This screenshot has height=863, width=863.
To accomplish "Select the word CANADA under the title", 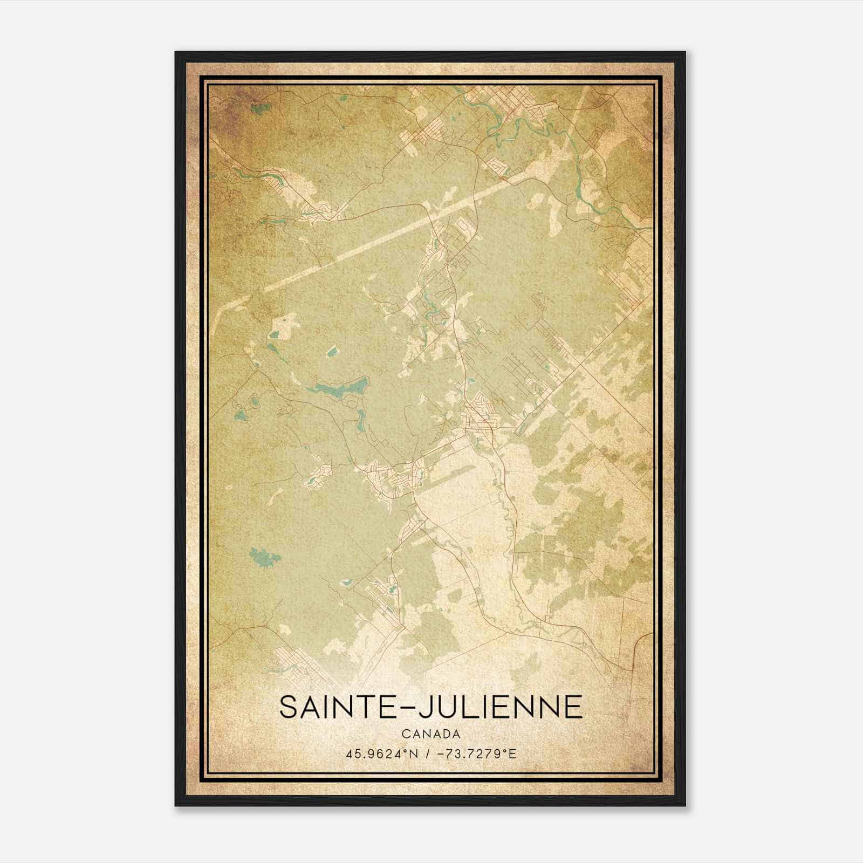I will click(x=431, y=734).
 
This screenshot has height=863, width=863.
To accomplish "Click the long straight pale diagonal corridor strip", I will click(x=378, y=238).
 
